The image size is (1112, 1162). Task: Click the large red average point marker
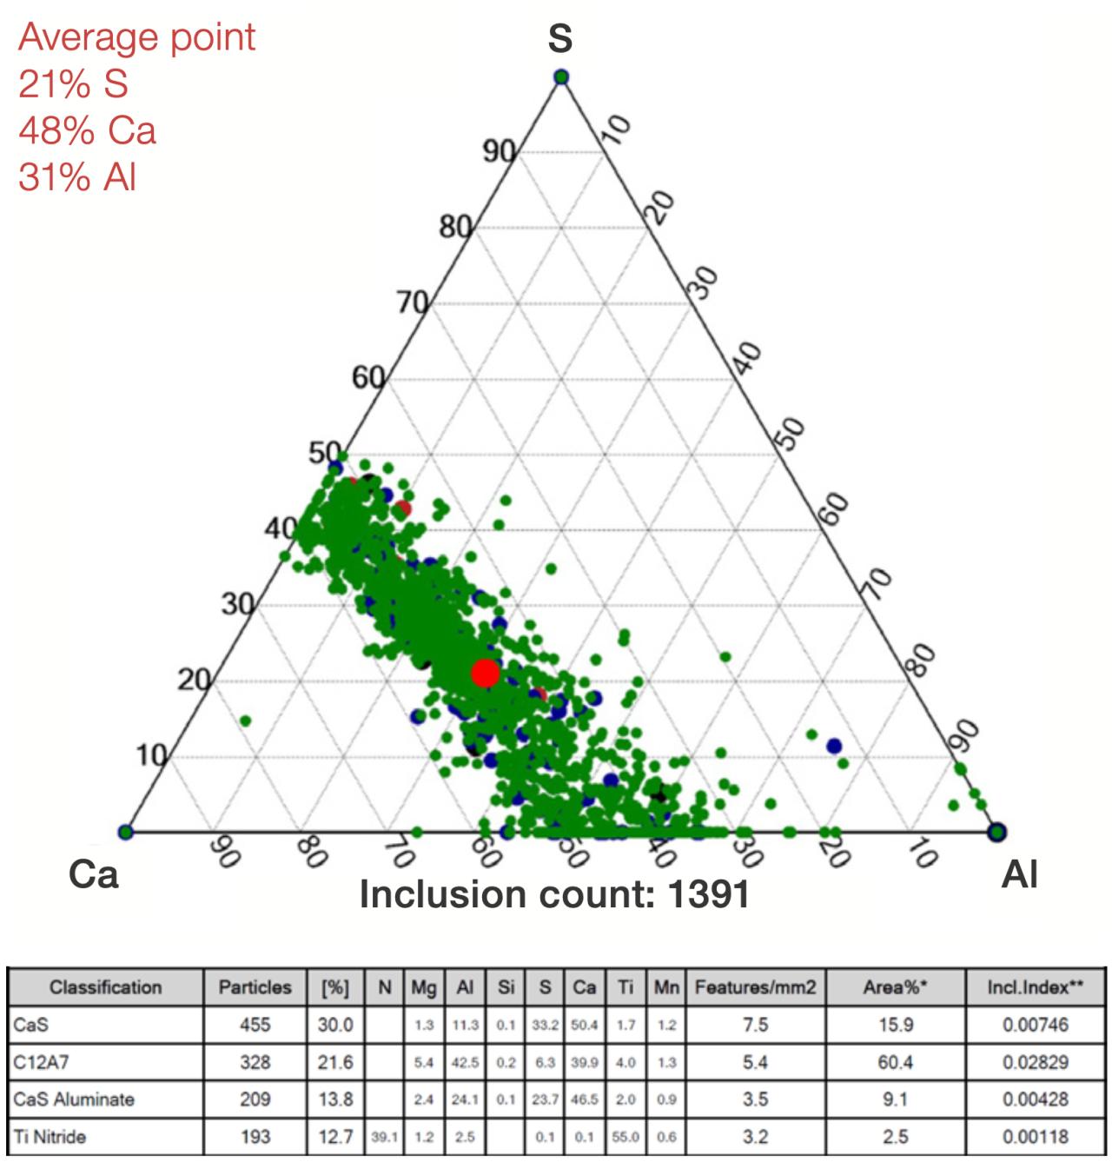pos(485,673)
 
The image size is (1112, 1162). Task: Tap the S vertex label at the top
pos(560,39)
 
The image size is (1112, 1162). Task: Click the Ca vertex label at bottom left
pos(94,874)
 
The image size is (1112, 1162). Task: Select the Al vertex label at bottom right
pos(1020,874)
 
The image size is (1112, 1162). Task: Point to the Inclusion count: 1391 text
pos(554,894)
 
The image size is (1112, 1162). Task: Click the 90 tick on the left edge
pos(500,151)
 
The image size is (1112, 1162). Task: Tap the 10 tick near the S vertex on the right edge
pos(617,129)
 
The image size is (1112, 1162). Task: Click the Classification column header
pos(105,987)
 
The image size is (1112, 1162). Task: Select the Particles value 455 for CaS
pos(255,1025)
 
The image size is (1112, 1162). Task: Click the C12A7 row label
pos(32,1062)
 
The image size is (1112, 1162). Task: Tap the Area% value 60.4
pos(895,1062)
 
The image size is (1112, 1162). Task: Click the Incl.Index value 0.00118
pos(1035,1137)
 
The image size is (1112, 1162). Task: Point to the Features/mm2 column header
pos(755,987)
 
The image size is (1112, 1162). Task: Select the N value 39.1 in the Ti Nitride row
pos(384,1138)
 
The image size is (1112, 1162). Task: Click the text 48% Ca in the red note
pos(87,130)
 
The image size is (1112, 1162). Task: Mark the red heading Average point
pos(136,37)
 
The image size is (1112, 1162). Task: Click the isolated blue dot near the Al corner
pos(834,746)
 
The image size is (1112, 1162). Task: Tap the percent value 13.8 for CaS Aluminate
pos(335,1099)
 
